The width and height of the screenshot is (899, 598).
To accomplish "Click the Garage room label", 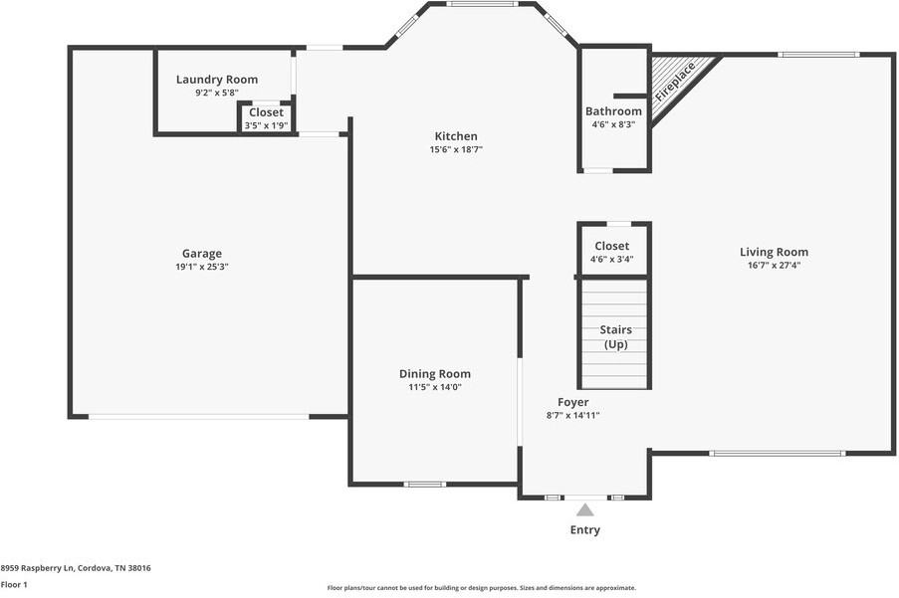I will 201,254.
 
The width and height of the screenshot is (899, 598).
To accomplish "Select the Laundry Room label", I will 217,80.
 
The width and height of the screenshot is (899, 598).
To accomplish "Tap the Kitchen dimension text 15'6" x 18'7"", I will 456,150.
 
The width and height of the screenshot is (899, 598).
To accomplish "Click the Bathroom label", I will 613,111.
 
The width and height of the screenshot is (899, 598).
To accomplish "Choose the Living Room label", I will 774,252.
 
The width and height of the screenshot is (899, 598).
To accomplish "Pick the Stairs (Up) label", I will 615,336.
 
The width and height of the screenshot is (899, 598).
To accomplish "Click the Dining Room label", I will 434,374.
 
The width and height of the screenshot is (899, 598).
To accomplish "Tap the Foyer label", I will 572,402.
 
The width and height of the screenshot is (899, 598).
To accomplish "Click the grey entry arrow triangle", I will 585,509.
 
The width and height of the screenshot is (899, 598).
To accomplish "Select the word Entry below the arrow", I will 585,530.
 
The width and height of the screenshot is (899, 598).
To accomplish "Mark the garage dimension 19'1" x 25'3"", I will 202,267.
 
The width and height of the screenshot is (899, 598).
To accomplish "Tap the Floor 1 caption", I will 14,585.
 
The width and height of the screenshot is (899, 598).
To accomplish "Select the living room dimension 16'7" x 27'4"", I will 774,266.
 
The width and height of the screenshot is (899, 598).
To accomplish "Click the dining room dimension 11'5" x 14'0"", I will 434,387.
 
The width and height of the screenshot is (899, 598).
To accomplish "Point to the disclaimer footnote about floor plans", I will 482,588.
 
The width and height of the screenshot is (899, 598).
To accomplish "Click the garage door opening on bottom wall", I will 199,417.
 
